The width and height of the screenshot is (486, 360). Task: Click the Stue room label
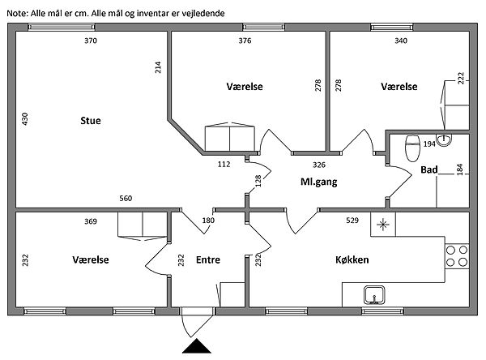coord(91,122)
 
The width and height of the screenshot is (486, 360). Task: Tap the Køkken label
coord(352,260)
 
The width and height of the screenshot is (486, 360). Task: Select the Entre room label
coord(208,260)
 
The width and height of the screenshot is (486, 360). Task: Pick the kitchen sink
coord(375,294)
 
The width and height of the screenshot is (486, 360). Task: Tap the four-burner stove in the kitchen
coord(457,255)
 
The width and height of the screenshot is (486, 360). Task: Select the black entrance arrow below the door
coord(197,346)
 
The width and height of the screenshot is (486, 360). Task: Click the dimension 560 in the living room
coord(126,199)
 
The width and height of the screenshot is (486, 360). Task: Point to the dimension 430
coord(23,121)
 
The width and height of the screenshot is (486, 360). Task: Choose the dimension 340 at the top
coord(401,41)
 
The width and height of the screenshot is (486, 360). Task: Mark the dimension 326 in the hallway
coord(296,164)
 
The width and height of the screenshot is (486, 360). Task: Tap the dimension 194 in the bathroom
coord(429,144)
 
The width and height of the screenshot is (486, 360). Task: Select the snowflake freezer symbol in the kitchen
coord(382,225)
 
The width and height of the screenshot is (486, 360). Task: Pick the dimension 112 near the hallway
coord(225,164)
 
